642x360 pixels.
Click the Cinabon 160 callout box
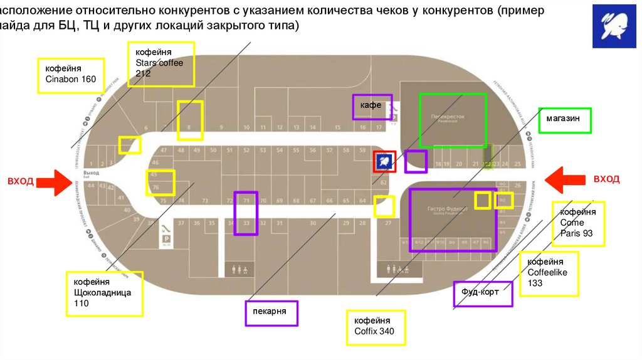tap(70, 76)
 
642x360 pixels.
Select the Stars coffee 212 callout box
tap(161, 63)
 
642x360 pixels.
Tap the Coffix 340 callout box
tap(376, 327)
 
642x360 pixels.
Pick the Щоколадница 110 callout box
tap(105, 294)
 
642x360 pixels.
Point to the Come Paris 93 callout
tap(578, 224)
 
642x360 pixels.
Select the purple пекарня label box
tap(271, 313)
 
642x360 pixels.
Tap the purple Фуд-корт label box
tap(483, 294)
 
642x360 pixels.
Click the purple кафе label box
tap(372, 107)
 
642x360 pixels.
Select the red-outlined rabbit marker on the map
tap(384, 161)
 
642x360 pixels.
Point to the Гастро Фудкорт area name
tap(444, 209)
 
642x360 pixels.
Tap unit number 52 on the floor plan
tap(246, 151)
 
